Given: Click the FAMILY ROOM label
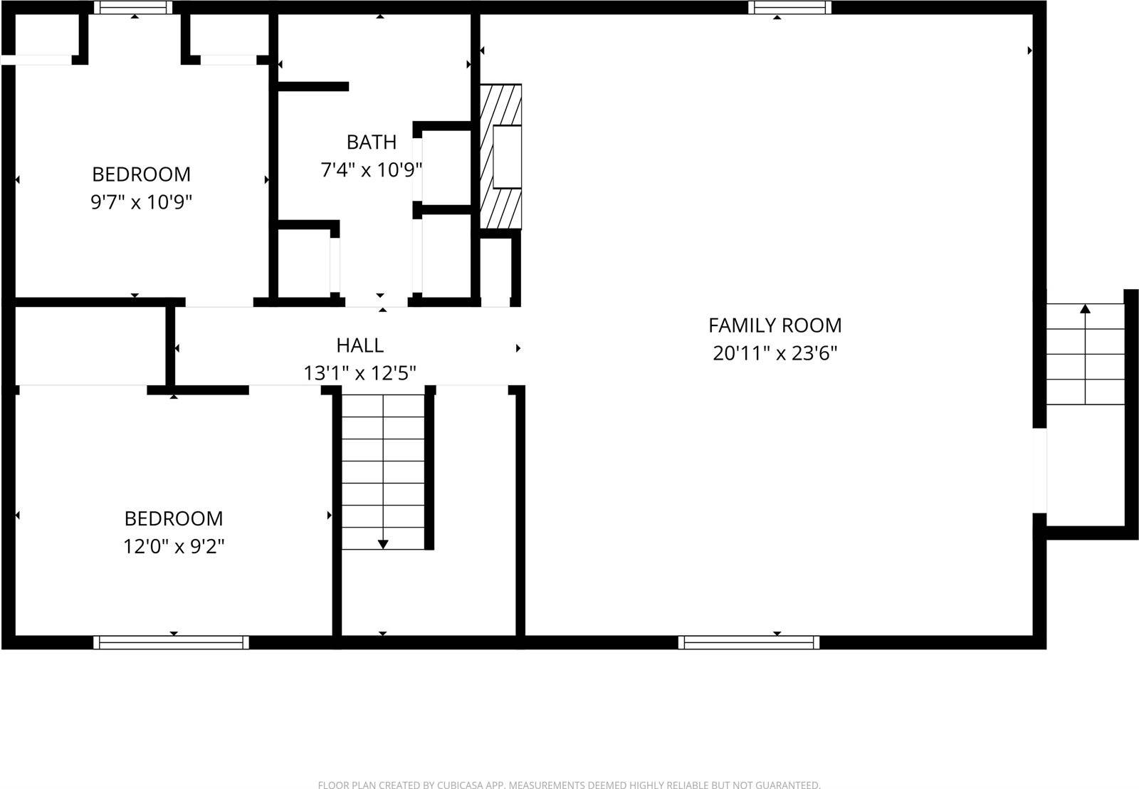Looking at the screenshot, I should (775, 325).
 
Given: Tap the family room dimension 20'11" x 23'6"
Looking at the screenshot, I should (775, 353).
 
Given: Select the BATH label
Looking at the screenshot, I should (371, 142).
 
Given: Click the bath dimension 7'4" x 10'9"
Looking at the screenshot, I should (371, 170).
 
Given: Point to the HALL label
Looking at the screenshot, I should (359, 345).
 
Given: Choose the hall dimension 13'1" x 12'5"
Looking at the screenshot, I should (359, 373).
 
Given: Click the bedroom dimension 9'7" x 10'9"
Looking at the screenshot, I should (141, 203).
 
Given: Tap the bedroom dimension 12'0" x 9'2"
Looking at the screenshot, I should (174, 547).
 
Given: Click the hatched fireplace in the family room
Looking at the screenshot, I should (500, 157).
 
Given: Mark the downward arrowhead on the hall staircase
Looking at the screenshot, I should (383, 545).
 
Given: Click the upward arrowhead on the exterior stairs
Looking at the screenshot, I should (1085, 309).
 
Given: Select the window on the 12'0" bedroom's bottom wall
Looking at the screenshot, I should (171, 642).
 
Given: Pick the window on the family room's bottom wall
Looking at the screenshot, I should (749, 642).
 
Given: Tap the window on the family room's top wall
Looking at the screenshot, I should (789, 7).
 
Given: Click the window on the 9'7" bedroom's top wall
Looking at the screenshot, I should (133, 7).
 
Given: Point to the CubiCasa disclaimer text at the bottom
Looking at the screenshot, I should (569, 785).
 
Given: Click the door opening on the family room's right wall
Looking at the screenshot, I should (1039, 470).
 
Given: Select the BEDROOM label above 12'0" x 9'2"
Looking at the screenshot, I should (174, 518).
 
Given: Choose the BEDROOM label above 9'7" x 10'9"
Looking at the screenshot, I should (141, 174).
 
